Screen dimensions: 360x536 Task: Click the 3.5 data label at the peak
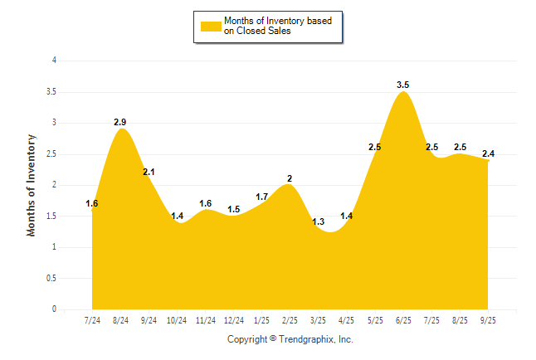pos(403,85)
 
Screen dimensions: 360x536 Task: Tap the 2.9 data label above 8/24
pos(120,122)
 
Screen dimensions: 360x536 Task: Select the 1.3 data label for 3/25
pos(319,221)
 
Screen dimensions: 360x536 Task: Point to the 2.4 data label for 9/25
pos(489,153)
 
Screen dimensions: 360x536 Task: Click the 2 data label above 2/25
pos(290,178)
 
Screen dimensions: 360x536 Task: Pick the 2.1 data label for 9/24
pos(149,172)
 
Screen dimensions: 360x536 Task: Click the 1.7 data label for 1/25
pos(261,197)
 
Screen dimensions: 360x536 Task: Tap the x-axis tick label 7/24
pos(93,319)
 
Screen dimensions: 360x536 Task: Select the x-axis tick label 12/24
pos(234,319)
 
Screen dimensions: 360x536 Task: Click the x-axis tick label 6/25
pos(403,319)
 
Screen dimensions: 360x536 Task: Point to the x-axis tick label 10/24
pos(178,319)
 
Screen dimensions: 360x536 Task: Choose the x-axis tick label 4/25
pos(347,319)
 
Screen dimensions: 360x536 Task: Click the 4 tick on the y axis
pos(54,61)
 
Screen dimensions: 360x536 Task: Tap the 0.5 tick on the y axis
pos(51,278)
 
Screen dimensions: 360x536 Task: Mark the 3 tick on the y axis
pos(54,123)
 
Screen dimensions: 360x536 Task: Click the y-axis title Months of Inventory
pos(32,185)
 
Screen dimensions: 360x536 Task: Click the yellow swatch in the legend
pos(210,26)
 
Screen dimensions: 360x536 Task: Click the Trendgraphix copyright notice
pos(290,339)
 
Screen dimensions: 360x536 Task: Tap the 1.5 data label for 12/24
pos(234,209)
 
